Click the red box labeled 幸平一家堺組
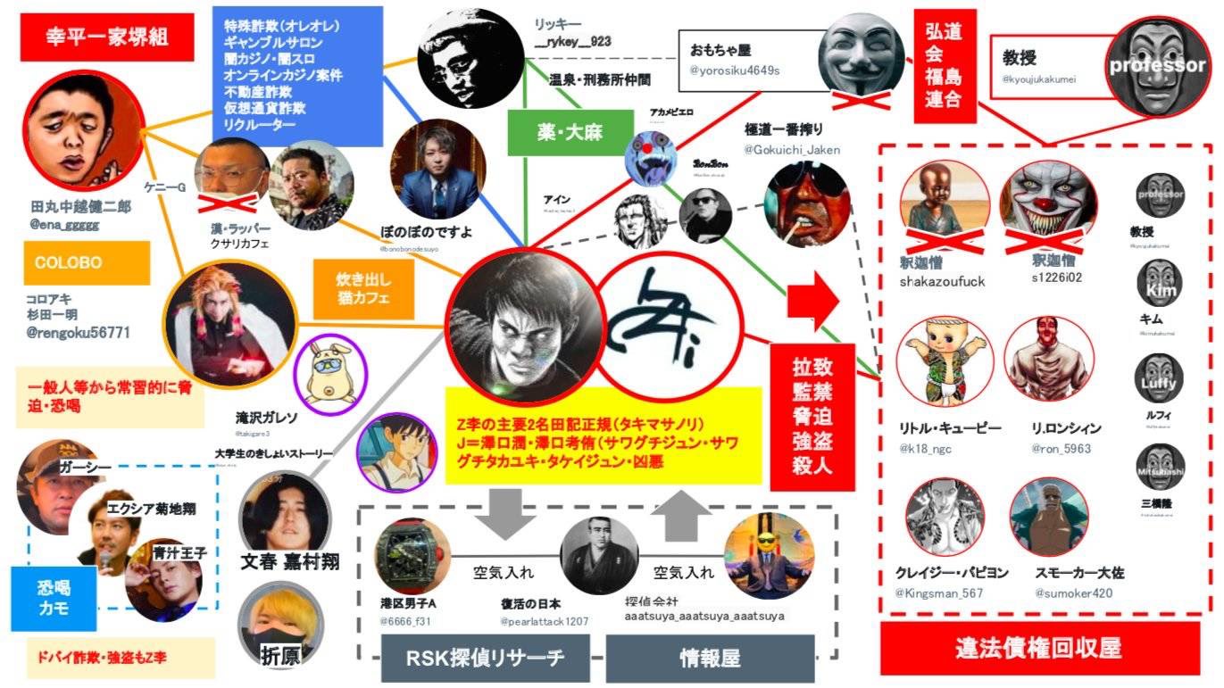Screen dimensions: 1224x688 click(107, 37)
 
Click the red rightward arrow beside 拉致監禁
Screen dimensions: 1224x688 click(812, 300)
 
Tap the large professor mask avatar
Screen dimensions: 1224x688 click(1156, 64)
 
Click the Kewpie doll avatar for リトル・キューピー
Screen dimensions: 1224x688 click(939, 361)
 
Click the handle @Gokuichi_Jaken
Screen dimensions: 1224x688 click(793, 150)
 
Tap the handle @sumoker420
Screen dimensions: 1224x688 click(1073, 593)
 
